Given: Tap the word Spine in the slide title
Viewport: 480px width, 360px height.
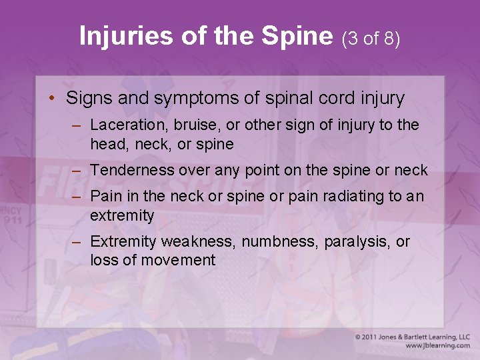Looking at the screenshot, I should [300, 36].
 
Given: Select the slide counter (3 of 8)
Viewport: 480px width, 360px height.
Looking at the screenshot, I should [371, 38].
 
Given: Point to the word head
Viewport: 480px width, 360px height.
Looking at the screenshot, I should [105, 144].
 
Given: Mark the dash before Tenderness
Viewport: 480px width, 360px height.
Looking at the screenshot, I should [77, 171].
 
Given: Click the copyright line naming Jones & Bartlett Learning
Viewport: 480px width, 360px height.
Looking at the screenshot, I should [412, 337].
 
